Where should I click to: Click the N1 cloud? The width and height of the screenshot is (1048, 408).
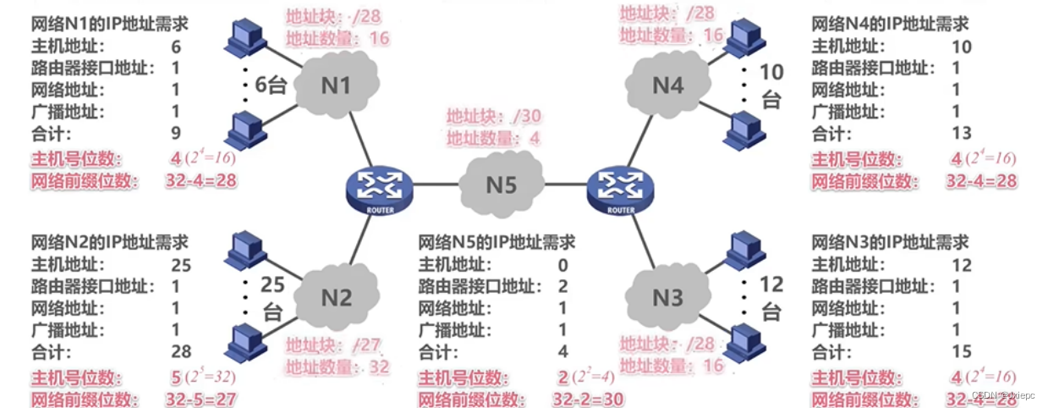coord(335,85)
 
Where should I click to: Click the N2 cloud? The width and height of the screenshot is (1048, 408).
coord(337,297)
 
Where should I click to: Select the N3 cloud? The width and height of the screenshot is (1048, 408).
coord(668,297)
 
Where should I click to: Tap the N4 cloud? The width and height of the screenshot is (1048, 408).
coord(668,85)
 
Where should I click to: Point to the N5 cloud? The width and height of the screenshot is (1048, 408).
coord(502,184)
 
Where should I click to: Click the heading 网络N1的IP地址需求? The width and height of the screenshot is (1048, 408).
coord(109,25)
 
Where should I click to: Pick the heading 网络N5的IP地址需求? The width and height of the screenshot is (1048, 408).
coord(497,243)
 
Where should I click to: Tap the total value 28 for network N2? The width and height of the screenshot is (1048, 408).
coord(181,352)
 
